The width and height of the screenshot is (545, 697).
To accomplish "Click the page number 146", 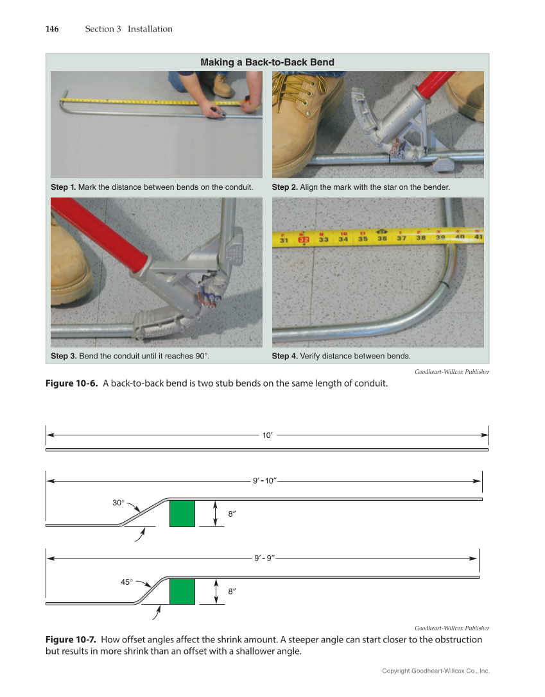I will [x=52, y=29].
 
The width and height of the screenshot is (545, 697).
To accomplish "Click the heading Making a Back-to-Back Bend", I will [x=267, y=62].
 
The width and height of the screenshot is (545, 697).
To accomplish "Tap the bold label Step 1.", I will [x=63, y=187].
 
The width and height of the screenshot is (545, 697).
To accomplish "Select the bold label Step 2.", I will [x=284, y=187].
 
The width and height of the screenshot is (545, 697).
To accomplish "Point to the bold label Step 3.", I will [x=63, y=356].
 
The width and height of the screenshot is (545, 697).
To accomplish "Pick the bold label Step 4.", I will [x=284, y=356].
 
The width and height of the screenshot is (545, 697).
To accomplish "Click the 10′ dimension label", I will [x=268, y=435].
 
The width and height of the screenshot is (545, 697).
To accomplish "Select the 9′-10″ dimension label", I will [x=264, y=480].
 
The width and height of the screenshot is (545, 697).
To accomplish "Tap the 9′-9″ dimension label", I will [x=264, y=558].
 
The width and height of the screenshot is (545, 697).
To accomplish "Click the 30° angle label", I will [x=118, y=503].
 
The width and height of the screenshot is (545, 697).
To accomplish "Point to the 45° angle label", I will [x=127, y=582].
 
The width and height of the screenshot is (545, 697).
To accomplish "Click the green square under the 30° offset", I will [x=182, y=514].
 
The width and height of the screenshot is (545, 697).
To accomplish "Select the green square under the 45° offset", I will [x=182, y=591].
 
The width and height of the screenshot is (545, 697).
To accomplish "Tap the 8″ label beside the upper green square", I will [x=232, y=514].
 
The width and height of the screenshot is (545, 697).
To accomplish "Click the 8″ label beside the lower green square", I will [x=232, y=592].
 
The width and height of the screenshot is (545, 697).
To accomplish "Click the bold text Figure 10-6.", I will [x=71, y=383].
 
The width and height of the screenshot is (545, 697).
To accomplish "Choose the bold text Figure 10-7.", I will [x=71, y=639].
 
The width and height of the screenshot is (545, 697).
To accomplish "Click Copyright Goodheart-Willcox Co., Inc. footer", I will [x=435, y=671].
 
